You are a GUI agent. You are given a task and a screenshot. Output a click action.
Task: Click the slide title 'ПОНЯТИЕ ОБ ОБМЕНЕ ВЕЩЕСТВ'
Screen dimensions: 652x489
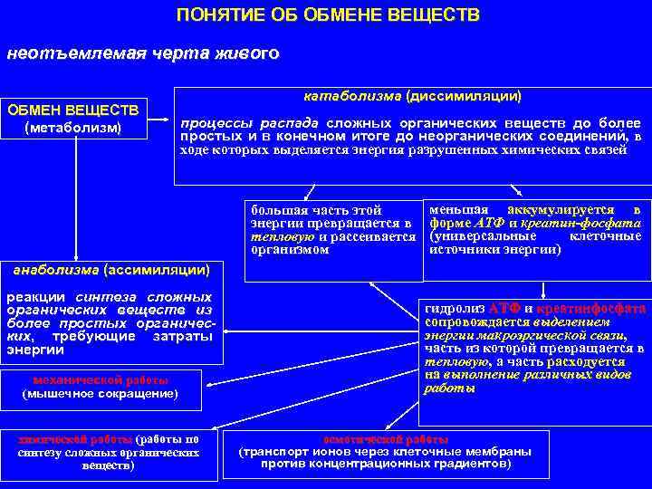click(328, 15)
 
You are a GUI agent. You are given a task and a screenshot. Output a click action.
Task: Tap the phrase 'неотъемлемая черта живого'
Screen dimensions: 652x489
click(142, 53)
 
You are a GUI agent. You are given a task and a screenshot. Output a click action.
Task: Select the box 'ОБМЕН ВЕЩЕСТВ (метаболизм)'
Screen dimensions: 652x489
click(73, 119)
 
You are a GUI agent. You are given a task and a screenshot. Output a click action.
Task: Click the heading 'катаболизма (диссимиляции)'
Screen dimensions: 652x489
click(412, 93)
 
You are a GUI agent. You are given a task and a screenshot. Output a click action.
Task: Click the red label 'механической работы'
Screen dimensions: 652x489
click(100, 379)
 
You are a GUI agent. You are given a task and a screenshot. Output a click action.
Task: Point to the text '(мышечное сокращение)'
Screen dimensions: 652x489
click(100, 393)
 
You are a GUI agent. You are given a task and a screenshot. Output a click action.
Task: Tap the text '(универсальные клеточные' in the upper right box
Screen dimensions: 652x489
click(535, 235)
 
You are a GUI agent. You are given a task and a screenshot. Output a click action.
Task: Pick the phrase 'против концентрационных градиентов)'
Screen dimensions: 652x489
click(385, 464)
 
